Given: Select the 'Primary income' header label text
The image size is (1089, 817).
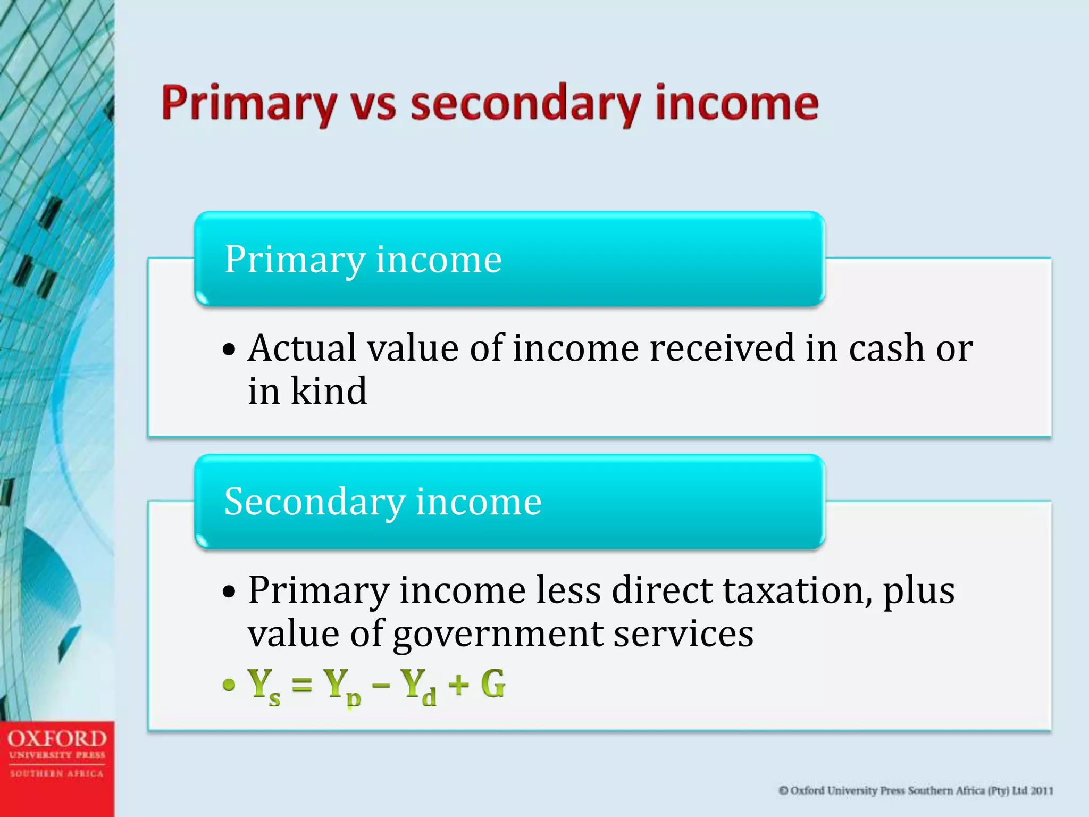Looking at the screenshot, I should (363, 260).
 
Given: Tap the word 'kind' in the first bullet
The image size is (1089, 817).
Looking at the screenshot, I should (329, 391).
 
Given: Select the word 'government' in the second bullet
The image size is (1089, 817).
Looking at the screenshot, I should (498, 634).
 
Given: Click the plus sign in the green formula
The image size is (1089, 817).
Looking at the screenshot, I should (458, 685).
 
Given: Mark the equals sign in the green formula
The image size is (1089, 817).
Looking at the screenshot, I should (302, 685).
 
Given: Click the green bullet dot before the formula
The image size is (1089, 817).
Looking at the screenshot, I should (229, 685).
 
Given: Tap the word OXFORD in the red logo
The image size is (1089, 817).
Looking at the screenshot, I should (57, 739).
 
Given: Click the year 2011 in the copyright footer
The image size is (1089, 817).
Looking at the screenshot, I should (1042, 791).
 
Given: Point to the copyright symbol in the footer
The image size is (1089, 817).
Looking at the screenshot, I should (783, 791).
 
